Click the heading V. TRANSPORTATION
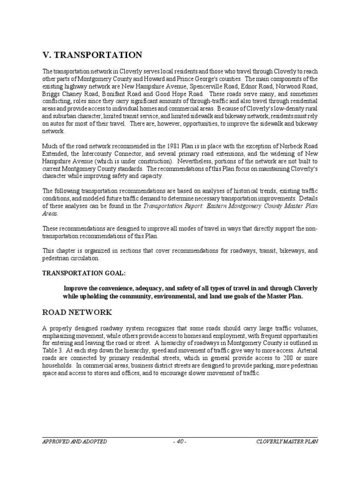point(92,55)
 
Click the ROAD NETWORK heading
point(76,312)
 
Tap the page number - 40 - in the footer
point(180,442)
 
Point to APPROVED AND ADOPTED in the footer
point(75,442)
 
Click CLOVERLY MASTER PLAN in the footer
point(287,442)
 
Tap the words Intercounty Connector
point(105,153)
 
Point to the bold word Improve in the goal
point(75,288)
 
